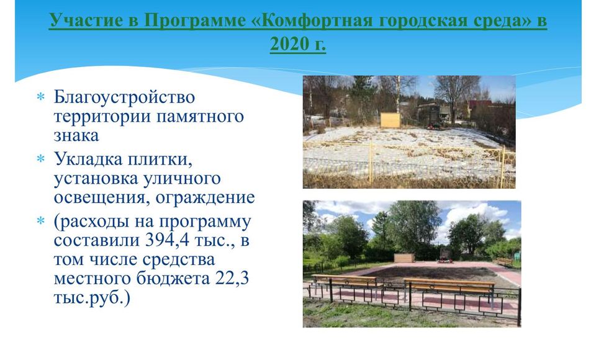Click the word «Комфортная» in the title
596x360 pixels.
tap(312, 20)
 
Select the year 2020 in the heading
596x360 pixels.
tap(289, 43)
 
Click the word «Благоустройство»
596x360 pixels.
tap(124, 97)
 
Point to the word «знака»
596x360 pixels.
tap(76, 136)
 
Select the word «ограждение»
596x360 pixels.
tap(205, 197)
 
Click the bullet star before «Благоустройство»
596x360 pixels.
tap(41, 97)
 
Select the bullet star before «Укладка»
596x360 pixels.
tap(41, 158)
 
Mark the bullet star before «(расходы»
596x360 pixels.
tap(41, 220)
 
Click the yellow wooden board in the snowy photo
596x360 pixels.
tap(391, 120)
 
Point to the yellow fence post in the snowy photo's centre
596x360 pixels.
tap(370, 163)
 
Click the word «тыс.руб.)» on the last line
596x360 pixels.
tap(92, 298)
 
